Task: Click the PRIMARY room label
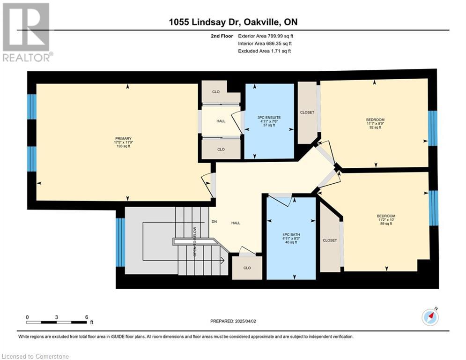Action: [x=123, y=142]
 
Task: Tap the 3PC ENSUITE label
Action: [x=269, y=121]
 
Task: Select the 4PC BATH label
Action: [x=291, y=238]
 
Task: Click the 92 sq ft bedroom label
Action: [x=375, y=123]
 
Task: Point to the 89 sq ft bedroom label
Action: [x=386, y=219]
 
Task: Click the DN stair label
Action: [x=215, y=222]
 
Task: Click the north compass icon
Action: [x=430, y=317]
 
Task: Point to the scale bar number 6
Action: [x=87, y=317]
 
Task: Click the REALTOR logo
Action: [x=27, y=32]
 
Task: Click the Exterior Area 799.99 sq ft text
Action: [x=266, y=36]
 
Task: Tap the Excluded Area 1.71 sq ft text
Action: [x=264, y=51]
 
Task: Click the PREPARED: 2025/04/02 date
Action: [x=233, y=321]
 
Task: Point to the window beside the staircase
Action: [x=120, y=242]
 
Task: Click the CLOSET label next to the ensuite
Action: [x=307, y=112]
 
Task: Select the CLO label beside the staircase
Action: [x=247, y=268]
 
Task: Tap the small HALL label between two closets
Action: [x=221, y=121]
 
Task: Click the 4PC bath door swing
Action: [x=281, y=200]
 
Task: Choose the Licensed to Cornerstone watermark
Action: [x=35, y=356]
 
